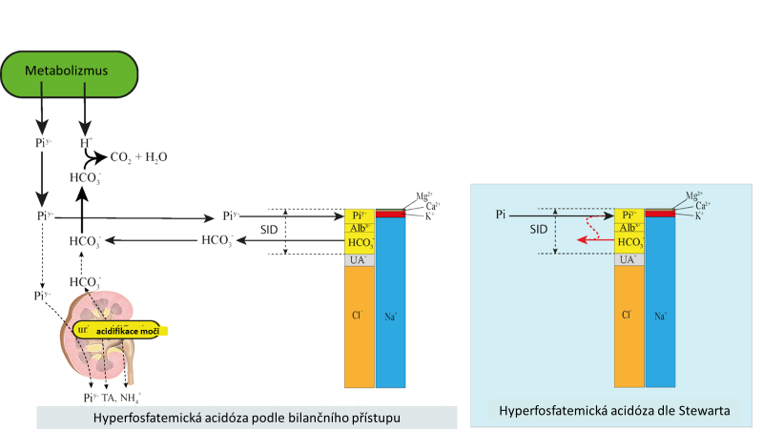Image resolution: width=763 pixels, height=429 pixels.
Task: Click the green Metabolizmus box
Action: click(67, 72)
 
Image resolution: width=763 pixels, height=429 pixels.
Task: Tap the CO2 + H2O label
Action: click(139, 157)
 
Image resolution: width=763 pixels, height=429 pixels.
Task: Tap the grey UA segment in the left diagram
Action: click(359, 259)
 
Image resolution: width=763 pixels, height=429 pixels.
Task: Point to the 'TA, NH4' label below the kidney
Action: click(120, 398)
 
